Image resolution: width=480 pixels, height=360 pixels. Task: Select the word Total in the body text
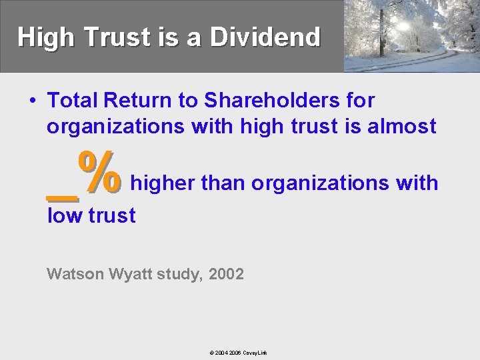pyautogui.click(x=71, y=101)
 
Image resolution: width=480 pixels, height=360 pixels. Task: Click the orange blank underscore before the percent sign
pyautogui.click(x=63, y=196)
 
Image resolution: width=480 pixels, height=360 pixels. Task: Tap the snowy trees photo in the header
pyautogui.click(x=411, y=36)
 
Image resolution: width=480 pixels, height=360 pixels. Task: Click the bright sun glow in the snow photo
pyautogui.click(x=403, y=25)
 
